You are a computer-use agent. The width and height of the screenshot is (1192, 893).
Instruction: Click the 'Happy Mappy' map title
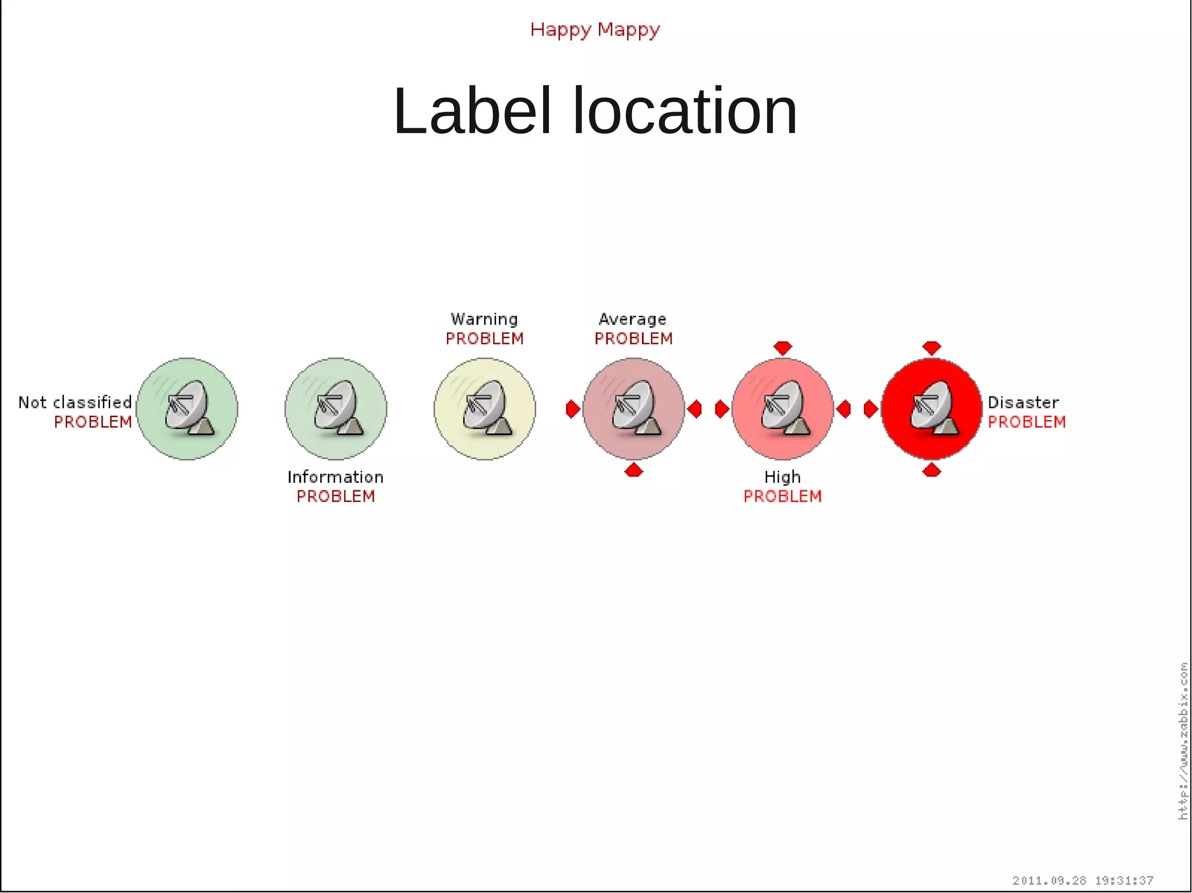595,30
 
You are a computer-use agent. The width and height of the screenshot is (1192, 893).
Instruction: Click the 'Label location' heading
595,111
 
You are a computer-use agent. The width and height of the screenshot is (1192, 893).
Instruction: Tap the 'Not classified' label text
75,402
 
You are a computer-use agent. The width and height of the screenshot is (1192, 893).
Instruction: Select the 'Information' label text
335,477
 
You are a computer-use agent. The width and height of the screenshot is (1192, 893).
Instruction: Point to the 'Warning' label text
484,319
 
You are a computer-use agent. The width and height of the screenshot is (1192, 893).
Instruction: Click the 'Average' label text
633,319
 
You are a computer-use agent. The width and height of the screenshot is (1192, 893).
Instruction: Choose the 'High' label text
782,477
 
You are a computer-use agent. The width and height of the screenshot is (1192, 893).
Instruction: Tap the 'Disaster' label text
1023,402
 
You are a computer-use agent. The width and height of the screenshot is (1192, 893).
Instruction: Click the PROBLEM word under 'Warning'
484,339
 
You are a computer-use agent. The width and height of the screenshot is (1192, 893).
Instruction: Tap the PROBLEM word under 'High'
782,496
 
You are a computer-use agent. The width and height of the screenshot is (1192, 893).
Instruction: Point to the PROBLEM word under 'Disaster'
1027,422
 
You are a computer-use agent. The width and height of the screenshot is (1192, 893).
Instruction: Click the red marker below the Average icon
633,470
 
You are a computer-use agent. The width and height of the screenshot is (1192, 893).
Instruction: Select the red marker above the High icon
783,348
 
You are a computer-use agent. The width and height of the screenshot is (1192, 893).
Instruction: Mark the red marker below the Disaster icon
932,470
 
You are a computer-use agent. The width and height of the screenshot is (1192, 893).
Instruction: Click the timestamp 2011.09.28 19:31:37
1083,880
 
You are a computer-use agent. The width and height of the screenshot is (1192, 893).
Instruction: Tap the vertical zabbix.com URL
1183,741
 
